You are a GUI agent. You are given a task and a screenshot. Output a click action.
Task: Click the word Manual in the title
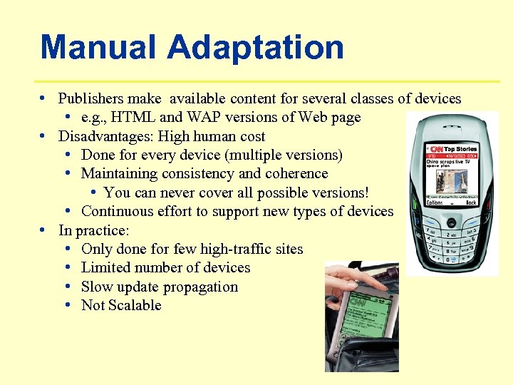coord(99,47)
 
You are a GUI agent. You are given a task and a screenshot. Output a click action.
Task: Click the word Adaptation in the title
coord(256,47)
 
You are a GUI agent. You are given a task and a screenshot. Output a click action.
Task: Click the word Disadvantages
coord(105,136)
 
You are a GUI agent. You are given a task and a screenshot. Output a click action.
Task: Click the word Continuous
coord(117,211)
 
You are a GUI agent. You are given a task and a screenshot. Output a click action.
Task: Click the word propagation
coord(203,287)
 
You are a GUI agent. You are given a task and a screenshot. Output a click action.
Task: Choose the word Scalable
coord(134,305)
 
